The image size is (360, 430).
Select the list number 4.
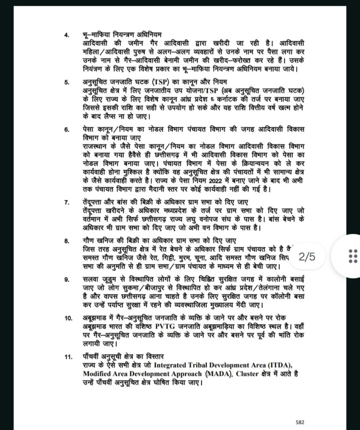click(66, 34)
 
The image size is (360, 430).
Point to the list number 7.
click(66, 202)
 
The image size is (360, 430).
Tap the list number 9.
click(66, 279)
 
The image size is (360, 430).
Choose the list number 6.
click(66, 130)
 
